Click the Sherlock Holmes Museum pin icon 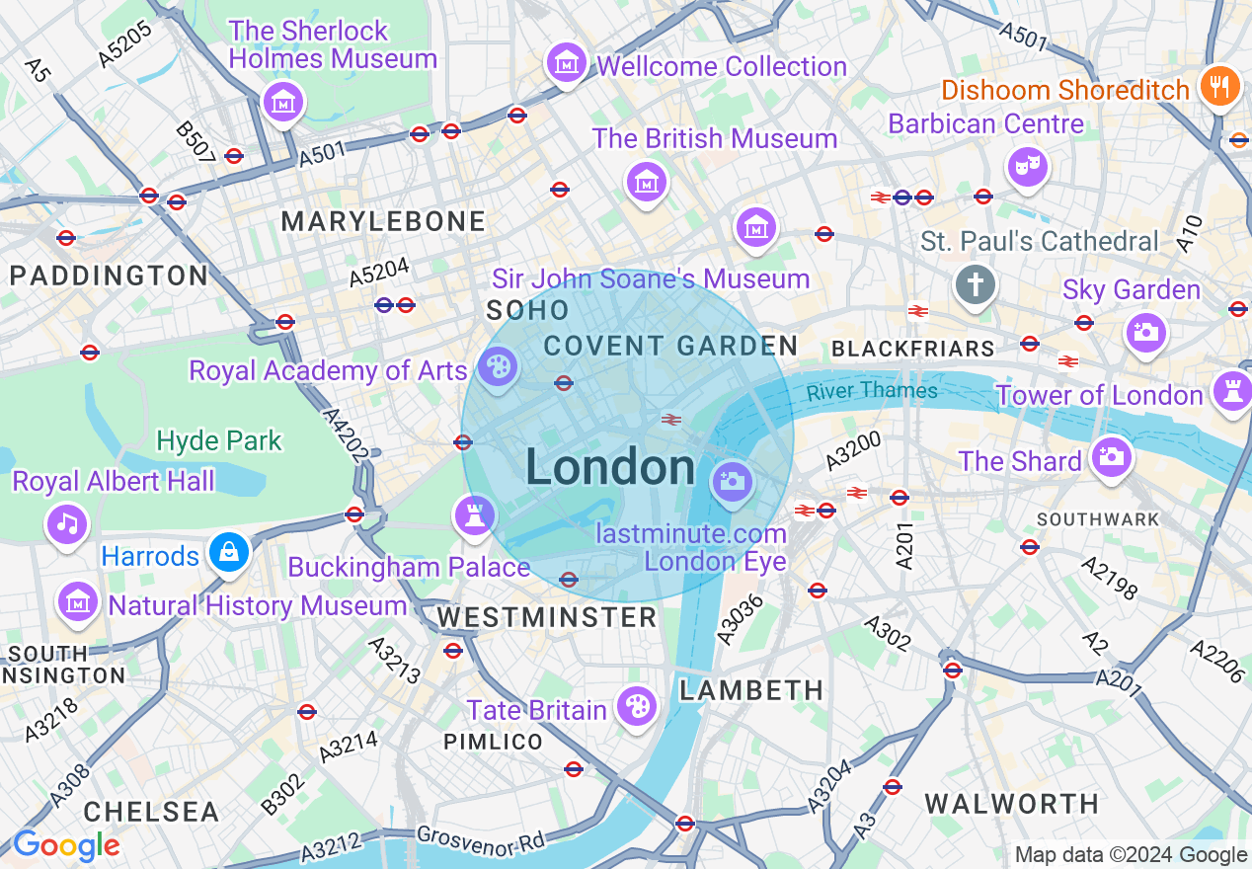(282, 102)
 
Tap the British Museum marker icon (646, 182)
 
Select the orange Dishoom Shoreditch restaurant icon (1220, 87)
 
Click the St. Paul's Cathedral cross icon (975, 286)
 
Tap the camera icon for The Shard (1111, 457)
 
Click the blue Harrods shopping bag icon (228, 553)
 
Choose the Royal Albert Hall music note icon (67, 522)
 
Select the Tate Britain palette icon (637, 705)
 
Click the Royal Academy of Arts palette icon (498, 368)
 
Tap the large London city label (610, 467)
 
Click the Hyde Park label (219, 440)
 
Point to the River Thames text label (871, 391)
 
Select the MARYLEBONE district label (383, 221)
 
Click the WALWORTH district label (1012, 804)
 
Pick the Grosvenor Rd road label (480, 841)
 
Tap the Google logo (66, 846)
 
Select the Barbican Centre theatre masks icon (1028, 166)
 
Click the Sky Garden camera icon (1145, 332)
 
